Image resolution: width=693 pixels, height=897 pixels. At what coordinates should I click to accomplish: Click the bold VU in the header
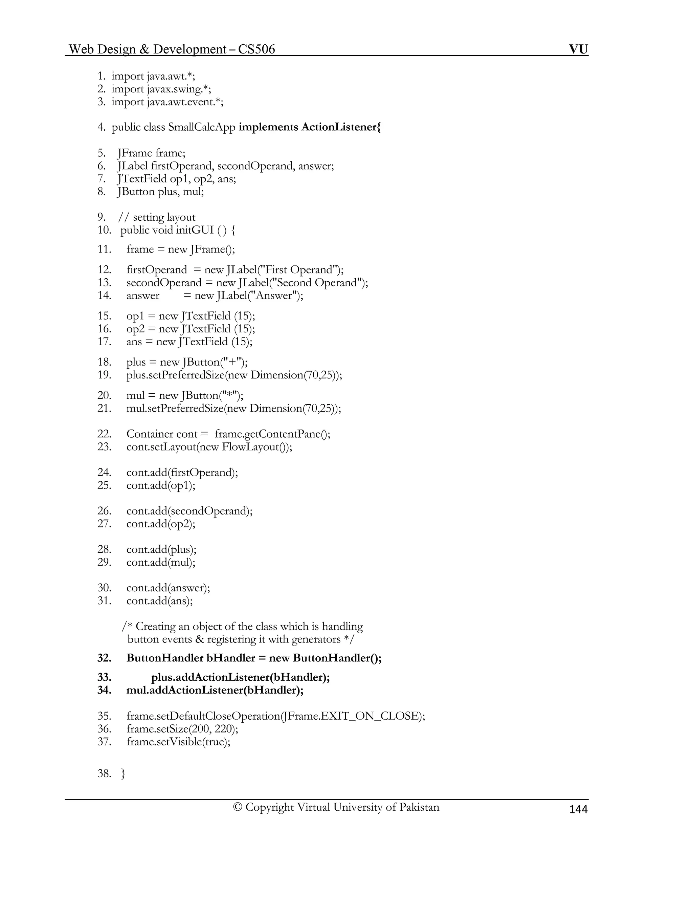578,49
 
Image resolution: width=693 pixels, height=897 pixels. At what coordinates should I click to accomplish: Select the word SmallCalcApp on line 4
202,127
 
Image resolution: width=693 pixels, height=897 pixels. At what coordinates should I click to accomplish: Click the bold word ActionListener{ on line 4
341,127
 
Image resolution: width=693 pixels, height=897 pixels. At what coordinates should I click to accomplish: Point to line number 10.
104,230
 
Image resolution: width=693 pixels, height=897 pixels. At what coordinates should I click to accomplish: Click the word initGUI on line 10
195,230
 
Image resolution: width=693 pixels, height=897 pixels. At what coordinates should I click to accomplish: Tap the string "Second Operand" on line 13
316,283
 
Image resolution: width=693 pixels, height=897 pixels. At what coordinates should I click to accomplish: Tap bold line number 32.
104,658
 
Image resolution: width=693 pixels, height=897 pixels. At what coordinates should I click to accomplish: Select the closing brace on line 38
123,774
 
